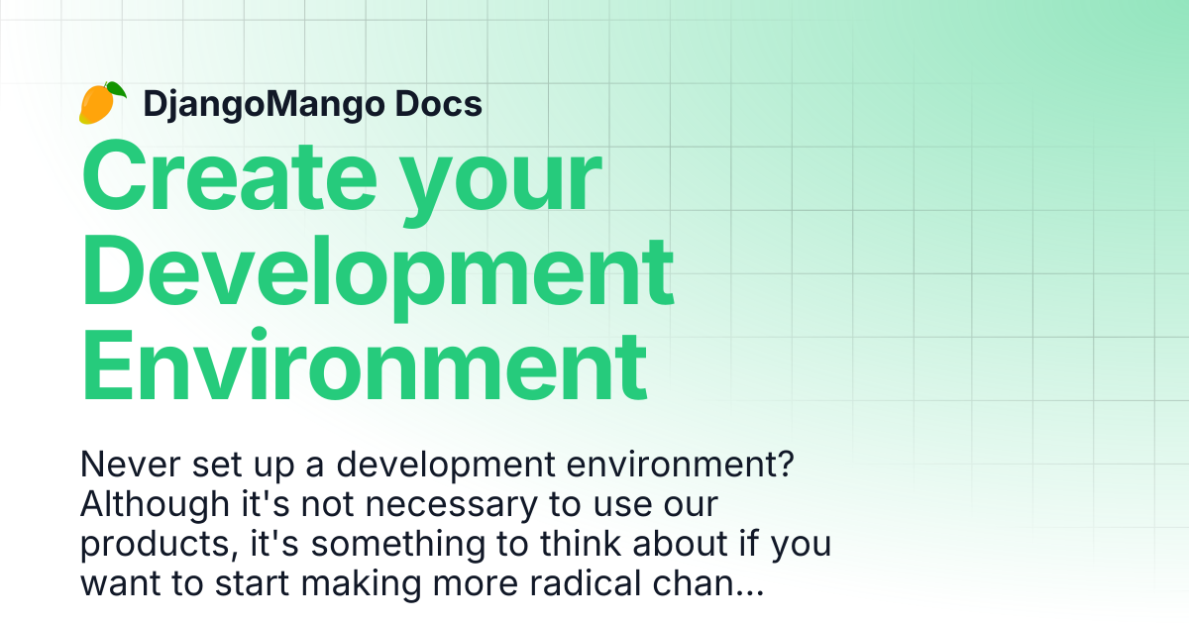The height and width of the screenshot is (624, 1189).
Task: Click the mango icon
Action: (x=102, y=103)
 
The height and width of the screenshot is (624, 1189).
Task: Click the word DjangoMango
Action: (x=264, y=104)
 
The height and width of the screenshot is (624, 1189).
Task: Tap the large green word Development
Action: (x=378, y=276)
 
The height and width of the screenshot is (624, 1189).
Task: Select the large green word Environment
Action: (x=365, y=365)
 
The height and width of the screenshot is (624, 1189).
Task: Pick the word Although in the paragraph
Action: (x=155, y=505)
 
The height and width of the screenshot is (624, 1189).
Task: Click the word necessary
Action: (x=452, y=505)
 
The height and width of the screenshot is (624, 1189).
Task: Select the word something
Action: (x=398, y=545)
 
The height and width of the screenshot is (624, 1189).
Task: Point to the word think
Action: (x=581, y=544)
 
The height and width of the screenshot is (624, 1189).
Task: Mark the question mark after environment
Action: (x=785, y=464)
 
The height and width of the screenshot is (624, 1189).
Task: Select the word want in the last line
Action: (x=121, y=584)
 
